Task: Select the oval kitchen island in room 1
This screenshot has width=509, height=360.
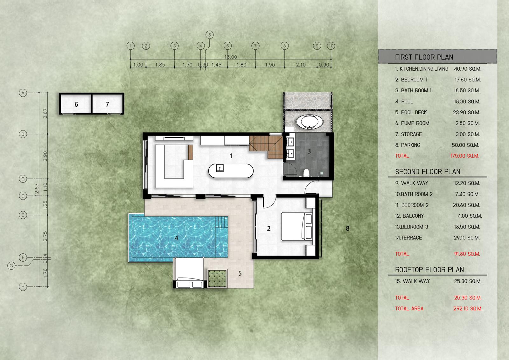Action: [231, 171]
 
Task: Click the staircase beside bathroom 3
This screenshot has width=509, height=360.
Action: [266, 147]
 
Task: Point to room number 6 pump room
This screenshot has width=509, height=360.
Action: [76, 104]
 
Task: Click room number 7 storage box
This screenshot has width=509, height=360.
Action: [107, 104]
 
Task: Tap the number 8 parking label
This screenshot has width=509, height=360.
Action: [347, 228]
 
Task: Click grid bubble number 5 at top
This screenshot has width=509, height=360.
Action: [210, 35]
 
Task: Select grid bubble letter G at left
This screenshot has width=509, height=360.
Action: [11, 265]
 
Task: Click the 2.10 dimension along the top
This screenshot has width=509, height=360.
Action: [301, 65]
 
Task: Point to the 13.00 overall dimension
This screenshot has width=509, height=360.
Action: [231, 57]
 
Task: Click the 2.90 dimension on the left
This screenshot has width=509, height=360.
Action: [45, 156]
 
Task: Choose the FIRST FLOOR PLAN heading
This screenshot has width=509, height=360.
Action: [424, 57]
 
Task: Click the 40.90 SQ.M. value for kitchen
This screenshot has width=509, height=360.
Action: [467, 69]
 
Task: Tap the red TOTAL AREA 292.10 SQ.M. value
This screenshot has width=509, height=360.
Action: [468, 308]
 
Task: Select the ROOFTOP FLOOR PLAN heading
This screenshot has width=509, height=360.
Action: [429, 270]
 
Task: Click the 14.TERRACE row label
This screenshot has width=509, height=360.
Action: [408, 238]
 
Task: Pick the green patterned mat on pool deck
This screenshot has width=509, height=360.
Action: [218, 279]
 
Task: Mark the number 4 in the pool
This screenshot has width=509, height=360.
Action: [176, 238]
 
